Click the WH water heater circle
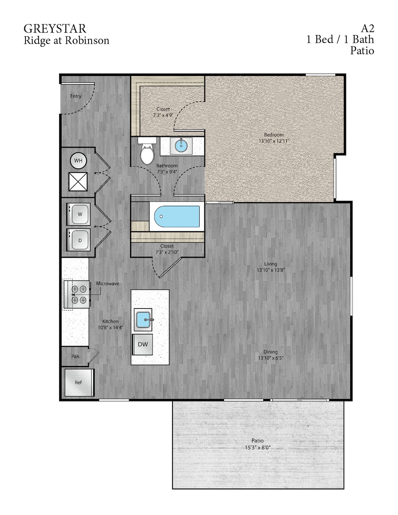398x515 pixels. tap(78, 161)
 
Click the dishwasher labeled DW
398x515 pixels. tap(143, 344)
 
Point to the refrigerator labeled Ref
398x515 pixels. tap(78, 382)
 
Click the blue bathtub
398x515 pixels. tap(176, 217)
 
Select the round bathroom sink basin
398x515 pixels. tap(181, 146)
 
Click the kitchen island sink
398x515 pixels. tap(143, 320)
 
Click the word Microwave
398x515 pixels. tap(107, 284)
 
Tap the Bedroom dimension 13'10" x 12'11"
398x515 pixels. tap(274, 141)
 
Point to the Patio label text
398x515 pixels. tap(257, 441)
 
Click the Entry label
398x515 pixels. tap(76, 96)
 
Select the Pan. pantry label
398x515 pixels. tap(76, 356)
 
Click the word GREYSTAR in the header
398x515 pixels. tap(55, 29)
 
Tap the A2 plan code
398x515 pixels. tap(367, 28)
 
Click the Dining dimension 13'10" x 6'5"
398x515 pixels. tap(270, 358)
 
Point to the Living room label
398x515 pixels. tap(270, 264)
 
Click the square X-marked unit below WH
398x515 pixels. tap(78, 181)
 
